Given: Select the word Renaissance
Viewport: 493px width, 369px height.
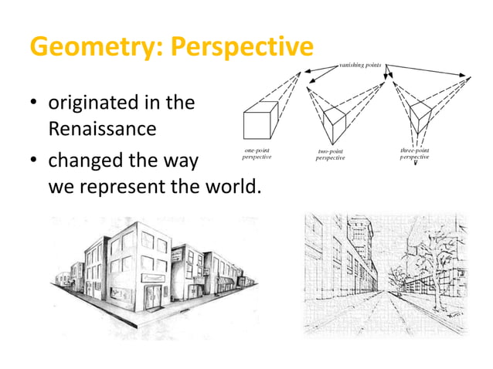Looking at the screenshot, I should [103, 127].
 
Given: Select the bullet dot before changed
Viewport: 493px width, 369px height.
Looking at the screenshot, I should [35, 163].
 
